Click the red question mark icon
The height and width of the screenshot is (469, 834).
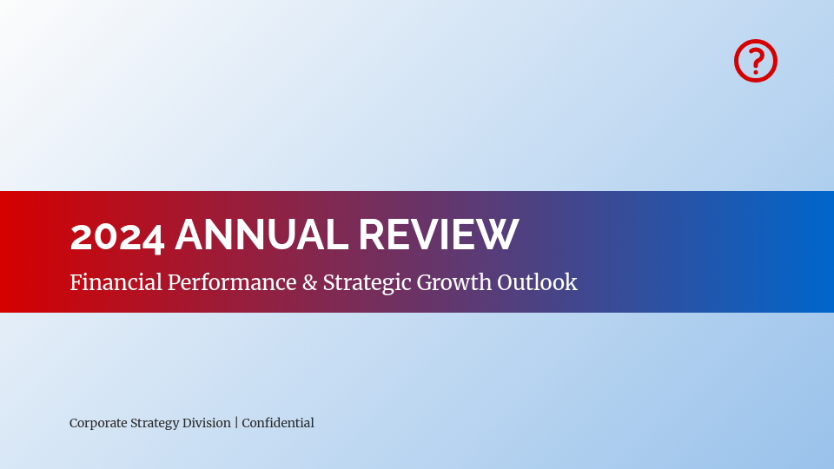click(755, 61)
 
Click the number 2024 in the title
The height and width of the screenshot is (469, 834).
click(116, 236)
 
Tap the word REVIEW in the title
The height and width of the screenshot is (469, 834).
click(438, 235)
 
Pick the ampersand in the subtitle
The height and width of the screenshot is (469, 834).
click(309, 282)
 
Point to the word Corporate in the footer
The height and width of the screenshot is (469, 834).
click(98, 423)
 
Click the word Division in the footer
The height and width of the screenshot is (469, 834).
click(207, 423)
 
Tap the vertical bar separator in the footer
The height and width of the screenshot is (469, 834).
click(236, 423)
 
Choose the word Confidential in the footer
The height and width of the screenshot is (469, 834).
click(278, 423)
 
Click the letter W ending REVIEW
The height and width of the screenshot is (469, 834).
click(500, 235)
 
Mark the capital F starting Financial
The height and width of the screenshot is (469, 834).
click(76, 282)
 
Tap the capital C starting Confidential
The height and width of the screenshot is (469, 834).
click(247, 423)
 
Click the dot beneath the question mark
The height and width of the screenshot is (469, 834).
click(756, 72)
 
